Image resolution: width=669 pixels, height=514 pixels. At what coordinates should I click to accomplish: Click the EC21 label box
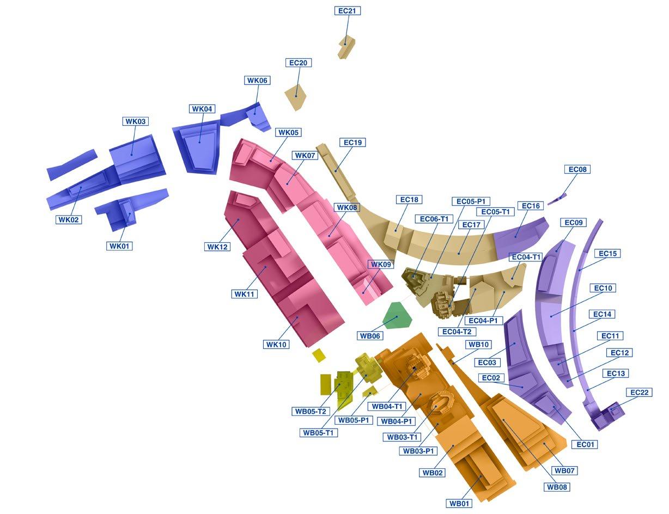pyautogui.click(x=347, y=11)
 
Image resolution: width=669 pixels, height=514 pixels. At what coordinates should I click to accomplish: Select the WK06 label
pyautogui.click(x=257, y=81)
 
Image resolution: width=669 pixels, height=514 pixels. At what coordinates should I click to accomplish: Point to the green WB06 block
pyautogui.click(x=397, y=315)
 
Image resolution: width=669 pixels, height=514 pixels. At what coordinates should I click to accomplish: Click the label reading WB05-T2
pyautogui.click(x=310, y=412)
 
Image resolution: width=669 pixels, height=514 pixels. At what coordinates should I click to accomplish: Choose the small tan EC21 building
pyautogui.click(x=346, y=47)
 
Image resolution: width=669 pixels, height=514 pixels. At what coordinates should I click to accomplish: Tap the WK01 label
pyautogui.click(x=119, y=246)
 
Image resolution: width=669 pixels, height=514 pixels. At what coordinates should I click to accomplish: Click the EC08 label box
pyautogui.click(x=577, y=170)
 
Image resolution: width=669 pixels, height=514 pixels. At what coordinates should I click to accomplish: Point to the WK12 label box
pyautogui.click(x=218, y=247)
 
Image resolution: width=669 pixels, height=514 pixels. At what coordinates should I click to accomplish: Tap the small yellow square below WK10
pyautogui.click(x=319, y=356)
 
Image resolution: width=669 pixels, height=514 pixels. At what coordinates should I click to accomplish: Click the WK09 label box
pyautogui.click(x=380, y=265)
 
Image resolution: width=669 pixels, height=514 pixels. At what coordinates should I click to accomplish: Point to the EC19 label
pyautogui.click(x=352, y=143)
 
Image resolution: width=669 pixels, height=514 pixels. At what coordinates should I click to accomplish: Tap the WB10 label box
pyautogui.click(x=479, y=345)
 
